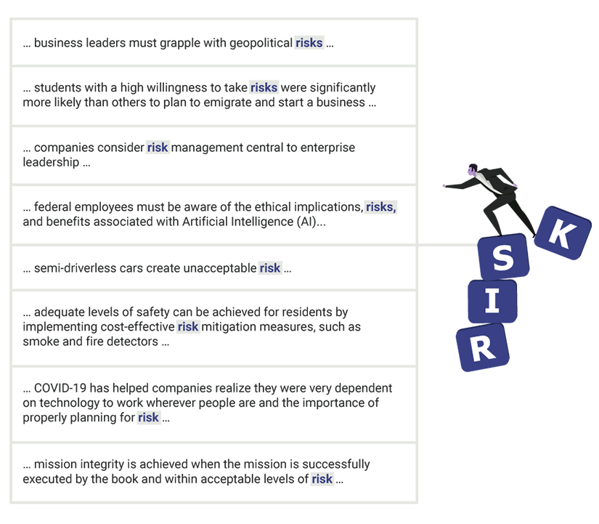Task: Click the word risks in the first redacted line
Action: pyautogui.click(x=309, y=43)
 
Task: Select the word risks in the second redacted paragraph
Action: pyautogui.click(x=264, y=87)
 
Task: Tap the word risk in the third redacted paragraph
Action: pyautogui.click(x=158, y=147)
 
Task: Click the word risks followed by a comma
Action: pyautogui.click(x=381, y=207)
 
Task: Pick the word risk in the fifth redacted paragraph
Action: pyautogui.click(x=269, y=267)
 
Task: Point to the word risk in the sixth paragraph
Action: pyautogui.click(x=188, y=326)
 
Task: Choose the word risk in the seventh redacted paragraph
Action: pyautogui.click(x=148, y=417)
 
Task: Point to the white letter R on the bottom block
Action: pyautogui.click(x=482, y=350)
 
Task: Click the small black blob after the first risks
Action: pyautogui.click(x=338, y=44)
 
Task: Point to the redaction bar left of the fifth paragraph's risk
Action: pyautogui.click(x=138, y=268)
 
